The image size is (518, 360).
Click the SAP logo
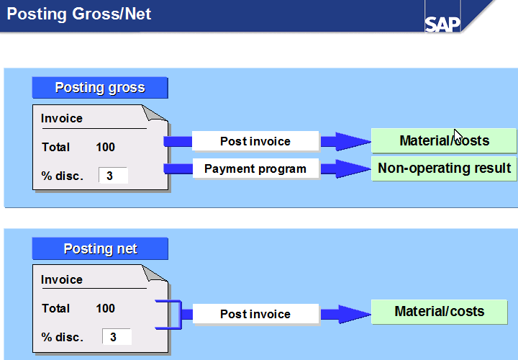coord(442,23)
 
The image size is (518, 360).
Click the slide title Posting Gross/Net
coord(79,14)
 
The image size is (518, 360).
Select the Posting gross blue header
coord(100,88)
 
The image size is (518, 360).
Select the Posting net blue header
coord(100,249)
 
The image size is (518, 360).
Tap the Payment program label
coord(255,169)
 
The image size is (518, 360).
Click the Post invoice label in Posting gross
coord(255,141)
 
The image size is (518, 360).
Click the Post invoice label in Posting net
coord(255,314)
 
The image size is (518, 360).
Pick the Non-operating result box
coord(444,168)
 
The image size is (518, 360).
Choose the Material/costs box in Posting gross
coord(444,140)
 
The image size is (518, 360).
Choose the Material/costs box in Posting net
coord(440,312)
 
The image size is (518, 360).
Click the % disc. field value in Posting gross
coord(112,176)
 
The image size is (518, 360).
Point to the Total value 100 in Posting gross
coord(105,147)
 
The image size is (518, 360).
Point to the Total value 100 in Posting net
coord(105,308)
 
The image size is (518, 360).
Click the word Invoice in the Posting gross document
coord(62,119)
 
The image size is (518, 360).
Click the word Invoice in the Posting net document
coord(62,279)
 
